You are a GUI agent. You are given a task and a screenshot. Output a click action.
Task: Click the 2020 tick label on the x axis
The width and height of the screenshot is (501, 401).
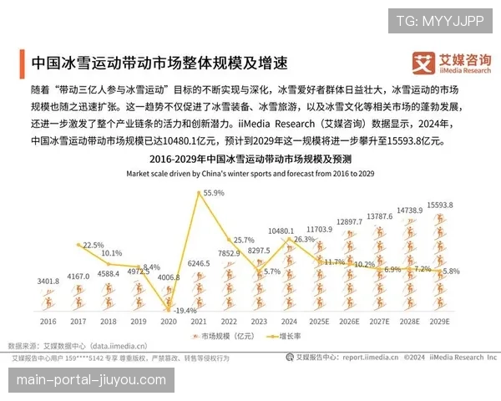(x=168, y=321)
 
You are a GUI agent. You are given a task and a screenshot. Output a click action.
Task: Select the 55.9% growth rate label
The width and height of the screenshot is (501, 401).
(x=214, y=193)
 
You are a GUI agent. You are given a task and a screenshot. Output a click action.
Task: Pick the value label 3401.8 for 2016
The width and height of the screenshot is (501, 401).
(x=48, y=282)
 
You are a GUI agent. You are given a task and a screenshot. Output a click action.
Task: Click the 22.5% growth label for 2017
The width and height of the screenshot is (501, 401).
(x=93, y=245)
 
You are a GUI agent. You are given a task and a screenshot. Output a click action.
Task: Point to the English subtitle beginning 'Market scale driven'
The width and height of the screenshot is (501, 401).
(x=250, y=174)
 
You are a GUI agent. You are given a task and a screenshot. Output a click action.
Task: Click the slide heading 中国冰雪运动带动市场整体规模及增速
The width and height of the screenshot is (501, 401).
(x=159, y=63)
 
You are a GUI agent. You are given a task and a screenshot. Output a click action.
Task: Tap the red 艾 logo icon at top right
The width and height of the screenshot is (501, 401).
(x=426, y=63)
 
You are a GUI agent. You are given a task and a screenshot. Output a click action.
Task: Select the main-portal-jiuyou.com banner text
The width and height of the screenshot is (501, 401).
(x=93, y=380)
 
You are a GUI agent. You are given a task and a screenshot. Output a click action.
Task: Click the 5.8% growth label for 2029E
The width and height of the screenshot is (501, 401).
(x=451, y=272)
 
